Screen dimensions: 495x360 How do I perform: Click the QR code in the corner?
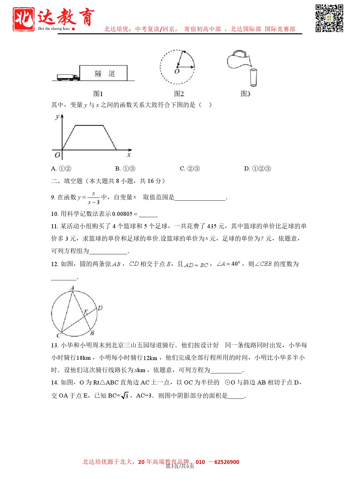tap(329, 18)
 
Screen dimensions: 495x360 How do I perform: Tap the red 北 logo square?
tap(23, 19)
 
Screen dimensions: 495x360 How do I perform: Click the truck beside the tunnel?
tap(68, 77)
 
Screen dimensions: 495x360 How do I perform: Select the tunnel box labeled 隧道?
tap(103, 73)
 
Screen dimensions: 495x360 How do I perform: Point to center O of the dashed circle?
tap(177, 67)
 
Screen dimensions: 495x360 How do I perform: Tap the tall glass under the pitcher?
tap(253, 77)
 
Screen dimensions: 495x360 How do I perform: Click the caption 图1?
tap(98, 94)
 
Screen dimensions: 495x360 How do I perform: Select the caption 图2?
tap(179, 94)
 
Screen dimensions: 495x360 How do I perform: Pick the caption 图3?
tap(245, 94)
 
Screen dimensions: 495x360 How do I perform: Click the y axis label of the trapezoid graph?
tap(57, 117)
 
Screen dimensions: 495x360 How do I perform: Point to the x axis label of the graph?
tap(129, 155)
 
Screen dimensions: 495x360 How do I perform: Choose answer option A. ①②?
tap(61, 169)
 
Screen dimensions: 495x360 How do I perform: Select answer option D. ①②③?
tap(257, 169)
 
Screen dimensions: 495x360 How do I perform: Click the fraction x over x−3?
tap(94, 198)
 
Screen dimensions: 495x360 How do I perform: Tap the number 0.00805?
tap(122, 214)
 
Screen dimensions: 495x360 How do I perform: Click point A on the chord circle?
tap(72, 288)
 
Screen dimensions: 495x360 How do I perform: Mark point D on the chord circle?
tap(100, 308)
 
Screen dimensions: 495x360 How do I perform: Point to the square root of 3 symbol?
tap(125, 396)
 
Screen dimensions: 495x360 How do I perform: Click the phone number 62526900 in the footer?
tap(227, 462)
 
